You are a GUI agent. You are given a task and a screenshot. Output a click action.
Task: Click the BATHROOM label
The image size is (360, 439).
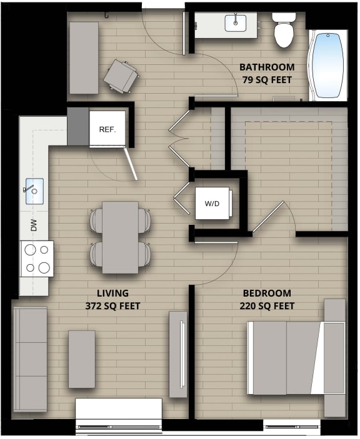[267, 67]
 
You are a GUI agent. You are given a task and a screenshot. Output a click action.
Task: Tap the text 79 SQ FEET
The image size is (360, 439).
[267, 80]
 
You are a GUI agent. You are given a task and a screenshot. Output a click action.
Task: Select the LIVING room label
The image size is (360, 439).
[112, 293]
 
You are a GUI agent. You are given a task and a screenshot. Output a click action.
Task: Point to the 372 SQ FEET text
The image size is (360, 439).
[112, 306]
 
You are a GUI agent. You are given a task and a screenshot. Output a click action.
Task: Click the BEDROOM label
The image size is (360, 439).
[267, 293]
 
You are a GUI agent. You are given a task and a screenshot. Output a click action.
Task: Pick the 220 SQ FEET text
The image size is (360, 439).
[267, 306]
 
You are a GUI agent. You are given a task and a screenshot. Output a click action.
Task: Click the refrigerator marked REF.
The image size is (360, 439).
[107, 129]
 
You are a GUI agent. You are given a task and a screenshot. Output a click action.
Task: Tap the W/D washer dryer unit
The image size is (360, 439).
[212, 204]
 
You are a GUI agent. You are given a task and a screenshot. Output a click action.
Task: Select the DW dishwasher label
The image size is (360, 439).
[34, 225]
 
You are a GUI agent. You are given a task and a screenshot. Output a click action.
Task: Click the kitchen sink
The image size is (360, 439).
[34, 189]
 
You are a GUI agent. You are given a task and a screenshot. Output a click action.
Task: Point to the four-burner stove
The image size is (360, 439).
[37, 259]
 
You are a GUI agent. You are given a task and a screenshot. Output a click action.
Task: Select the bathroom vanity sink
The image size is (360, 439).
[236, 24]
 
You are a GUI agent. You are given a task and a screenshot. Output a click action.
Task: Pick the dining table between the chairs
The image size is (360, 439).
[121, 237]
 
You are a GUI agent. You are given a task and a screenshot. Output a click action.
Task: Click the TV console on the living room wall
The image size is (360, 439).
[178, 353]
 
